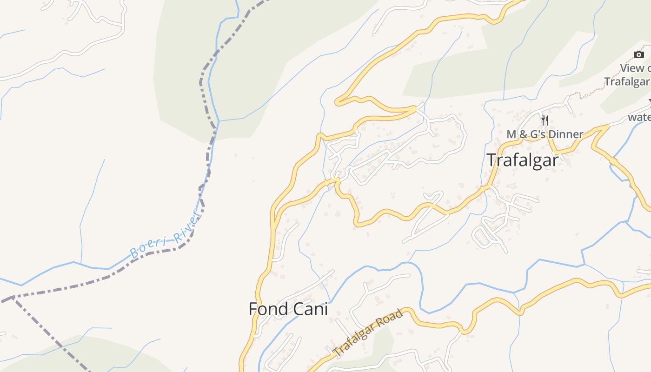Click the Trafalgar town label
coord(522,159)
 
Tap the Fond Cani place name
coord(288,309)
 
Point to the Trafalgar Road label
coord(368,334)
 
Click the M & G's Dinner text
coord(545,134)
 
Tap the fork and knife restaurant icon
coord(545,120)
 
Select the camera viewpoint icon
coord(639,55)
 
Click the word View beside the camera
coord(632,68)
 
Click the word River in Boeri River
coord(186,227)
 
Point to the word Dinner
coord(566,134)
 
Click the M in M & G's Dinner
coord(511,134)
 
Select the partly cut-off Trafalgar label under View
coord(627,82)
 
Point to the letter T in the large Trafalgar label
coord(492,159)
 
